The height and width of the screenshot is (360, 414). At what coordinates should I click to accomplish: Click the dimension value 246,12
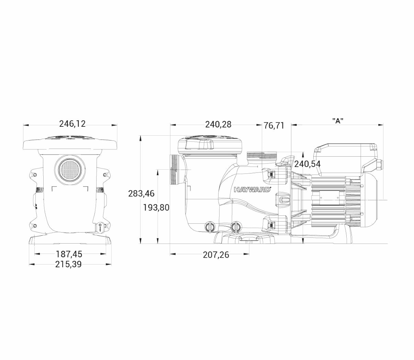click(72, 124)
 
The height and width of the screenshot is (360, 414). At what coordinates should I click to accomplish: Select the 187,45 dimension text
click(69, 254)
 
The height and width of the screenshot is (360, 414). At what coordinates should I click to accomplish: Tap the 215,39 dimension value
click(68, 265)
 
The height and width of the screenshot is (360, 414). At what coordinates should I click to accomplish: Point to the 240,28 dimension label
click(218, 124)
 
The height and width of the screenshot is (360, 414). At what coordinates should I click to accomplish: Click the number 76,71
click(274, 126)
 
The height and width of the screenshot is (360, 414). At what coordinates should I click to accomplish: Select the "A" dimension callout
click(338, 121)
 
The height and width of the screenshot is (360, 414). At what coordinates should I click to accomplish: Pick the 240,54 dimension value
click(308, 164)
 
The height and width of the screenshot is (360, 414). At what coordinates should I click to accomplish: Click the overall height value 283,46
click(141, 194)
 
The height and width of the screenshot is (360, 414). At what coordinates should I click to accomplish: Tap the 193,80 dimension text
click(156, 207)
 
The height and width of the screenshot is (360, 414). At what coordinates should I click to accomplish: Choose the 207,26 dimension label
click(216, 255)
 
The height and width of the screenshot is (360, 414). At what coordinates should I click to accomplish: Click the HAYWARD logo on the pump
click(252, 189)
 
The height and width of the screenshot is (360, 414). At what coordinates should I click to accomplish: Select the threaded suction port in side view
click(176, 169)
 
